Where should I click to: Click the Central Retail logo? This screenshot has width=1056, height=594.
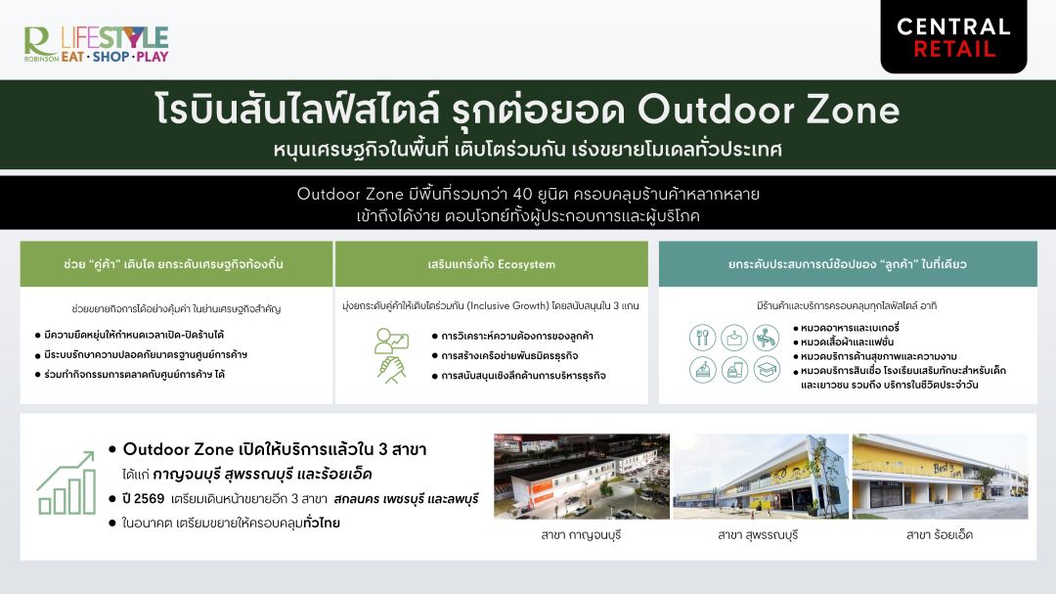(953, 36)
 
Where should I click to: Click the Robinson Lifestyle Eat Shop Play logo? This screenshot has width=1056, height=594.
(96, 44)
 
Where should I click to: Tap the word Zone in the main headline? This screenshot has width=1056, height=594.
(854, 110)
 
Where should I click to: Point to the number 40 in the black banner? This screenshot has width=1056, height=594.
(522, 194)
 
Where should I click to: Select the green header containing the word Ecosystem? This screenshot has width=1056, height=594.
(492, 263)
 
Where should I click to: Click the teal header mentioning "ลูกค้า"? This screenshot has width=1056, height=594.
(848, 263)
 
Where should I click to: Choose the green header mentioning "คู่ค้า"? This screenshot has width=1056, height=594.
(176, 263)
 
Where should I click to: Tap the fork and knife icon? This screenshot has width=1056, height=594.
(702, 337)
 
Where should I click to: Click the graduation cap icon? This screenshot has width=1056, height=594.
(767, 370)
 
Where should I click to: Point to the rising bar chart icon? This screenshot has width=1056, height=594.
(66, 482)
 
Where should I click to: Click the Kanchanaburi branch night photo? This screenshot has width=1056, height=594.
(582, 476)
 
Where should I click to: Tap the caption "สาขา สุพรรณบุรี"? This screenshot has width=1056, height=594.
(758, 535)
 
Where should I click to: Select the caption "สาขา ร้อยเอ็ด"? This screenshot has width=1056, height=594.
(940, 535)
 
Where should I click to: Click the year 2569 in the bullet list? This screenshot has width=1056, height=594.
(149, 499)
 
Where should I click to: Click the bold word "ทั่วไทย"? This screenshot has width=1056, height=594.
(322, 523)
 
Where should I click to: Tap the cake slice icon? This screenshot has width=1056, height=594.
(702, 370)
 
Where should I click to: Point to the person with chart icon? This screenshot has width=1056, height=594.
(391, 342)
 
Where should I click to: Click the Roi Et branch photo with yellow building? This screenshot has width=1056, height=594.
(941, 476)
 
